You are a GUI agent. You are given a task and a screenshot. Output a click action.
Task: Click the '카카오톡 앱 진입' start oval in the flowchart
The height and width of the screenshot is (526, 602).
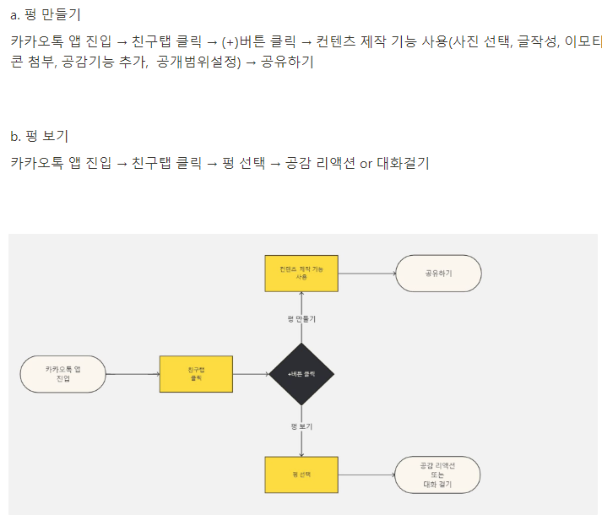click(x=63, y=374)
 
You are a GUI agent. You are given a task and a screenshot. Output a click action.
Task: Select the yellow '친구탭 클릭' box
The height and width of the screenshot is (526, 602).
click(x=196, y=374)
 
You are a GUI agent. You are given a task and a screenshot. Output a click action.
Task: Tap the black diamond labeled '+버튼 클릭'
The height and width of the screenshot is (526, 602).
click(x=301, y=374)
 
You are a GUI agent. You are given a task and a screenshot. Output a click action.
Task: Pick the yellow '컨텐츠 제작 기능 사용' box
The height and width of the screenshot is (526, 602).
click(x=301, y=273)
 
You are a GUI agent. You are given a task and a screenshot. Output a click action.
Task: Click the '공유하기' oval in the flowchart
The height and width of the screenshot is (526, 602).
click(x=438, y=273)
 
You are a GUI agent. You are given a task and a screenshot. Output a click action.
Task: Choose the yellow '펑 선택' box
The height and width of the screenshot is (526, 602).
click(x=301, y=474)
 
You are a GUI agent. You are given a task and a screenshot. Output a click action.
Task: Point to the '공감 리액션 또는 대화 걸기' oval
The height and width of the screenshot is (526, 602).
click(x=437, y=474)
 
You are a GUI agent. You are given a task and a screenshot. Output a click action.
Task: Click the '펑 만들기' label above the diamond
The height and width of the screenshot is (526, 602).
click(x=301, y=319)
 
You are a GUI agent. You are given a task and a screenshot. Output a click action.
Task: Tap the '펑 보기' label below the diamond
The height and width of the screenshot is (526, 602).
click(x=301, y=427)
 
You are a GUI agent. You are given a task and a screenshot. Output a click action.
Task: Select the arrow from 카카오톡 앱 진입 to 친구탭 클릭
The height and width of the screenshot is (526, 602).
click(x=133, y=374)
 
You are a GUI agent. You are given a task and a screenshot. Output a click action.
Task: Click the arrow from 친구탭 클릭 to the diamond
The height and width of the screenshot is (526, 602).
click(x=251, y=374)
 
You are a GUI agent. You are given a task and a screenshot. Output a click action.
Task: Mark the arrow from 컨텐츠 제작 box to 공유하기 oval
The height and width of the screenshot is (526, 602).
click(x=366, y=273)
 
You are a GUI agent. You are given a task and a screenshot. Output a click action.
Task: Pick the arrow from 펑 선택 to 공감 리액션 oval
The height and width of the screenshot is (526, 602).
click(x=366, y=474)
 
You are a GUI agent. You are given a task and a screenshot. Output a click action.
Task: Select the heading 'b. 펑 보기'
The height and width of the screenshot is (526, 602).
click(x=39, y=136)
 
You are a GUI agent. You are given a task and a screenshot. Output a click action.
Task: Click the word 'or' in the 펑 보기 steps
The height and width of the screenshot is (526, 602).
click(x=366, y=163)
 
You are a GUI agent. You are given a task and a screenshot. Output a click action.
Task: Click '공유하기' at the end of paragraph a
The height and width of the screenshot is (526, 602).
click(x=286, y=62)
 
